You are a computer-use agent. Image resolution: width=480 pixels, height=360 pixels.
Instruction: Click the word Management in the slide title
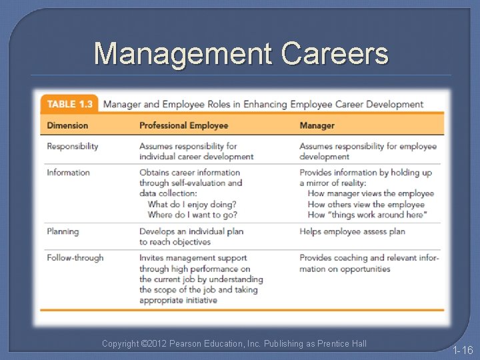[183, 53]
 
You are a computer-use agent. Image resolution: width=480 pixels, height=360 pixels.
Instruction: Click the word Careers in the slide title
[335, 53]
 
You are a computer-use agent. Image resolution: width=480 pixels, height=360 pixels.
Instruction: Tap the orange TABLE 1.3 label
[70, 104]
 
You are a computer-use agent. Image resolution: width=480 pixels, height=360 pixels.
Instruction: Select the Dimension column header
[67, 125]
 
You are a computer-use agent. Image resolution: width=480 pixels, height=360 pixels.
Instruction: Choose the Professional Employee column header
[183, 125]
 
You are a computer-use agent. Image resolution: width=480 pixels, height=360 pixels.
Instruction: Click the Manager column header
[317, 125]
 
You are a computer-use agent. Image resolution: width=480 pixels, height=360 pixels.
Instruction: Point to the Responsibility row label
[73, 146]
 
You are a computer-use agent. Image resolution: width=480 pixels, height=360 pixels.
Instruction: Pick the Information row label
[68, 173]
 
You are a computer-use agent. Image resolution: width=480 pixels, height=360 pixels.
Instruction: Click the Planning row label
[63, 231]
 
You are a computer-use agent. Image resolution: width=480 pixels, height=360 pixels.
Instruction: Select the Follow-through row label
[75, 258]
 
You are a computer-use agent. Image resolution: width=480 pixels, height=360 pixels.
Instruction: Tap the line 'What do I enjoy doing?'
[192, 204]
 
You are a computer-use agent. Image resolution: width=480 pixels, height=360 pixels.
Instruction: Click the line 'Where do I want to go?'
[192, 215]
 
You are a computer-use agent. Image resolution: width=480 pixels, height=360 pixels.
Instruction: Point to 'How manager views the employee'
[371, 193]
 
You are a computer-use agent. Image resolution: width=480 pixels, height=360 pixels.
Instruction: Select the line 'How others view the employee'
[366, 204]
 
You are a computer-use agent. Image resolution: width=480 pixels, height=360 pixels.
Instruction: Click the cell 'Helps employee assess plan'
[352, 231]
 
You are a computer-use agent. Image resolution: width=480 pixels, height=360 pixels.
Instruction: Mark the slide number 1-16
[462, 350]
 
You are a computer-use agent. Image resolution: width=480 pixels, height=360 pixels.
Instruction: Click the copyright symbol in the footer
[145, 344]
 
